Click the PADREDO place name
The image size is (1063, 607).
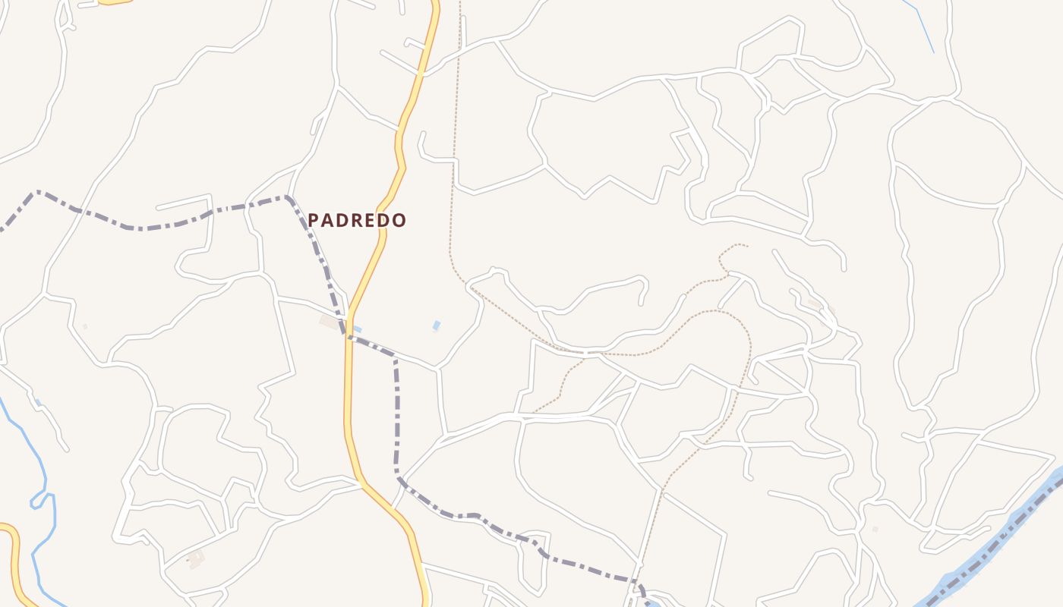[357, 221]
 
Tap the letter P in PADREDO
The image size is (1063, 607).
[313, 221]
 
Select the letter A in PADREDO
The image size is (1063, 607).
[327, 221]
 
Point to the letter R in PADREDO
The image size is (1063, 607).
[358, 221]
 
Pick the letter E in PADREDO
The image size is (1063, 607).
[371, 221]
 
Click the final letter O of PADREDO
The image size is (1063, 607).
[400, 221]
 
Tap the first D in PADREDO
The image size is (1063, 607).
[342, 221]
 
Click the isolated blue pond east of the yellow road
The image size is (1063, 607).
[436, 326]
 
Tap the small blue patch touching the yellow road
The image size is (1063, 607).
[357, 329]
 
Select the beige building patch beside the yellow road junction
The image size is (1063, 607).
[330, 322]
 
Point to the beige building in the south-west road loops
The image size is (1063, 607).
[196, 560]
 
